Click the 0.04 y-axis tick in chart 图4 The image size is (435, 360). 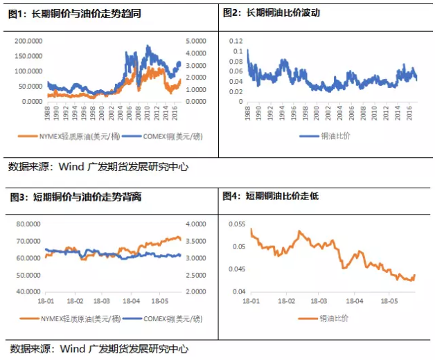[x=238, y=291]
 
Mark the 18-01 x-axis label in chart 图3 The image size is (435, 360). [x=48, y=302]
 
